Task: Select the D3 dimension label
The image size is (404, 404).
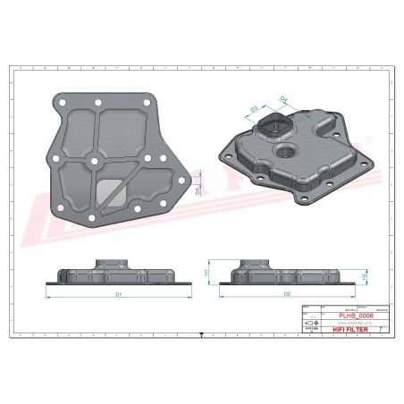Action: [x=254, y=109]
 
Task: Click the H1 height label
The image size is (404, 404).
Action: [x=207, y=271]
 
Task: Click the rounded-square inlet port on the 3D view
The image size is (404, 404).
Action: [x=278, y=126]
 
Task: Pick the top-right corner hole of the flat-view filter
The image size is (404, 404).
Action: [x=143, y=103]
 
